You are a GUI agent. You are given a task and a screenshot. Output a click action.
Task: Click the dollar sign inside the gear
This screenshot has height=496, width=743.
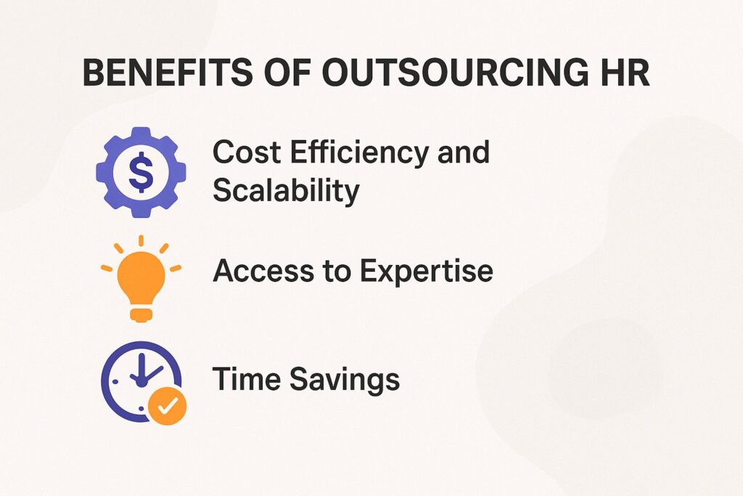pos(140,171)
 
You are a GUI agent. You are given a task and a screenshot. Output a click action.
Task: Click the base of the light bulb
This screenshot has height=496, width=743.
pos(141,313)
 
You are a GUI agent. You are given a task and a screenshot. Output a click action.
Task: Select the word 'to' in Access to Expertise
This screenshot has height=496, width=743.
pos(331,272)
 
